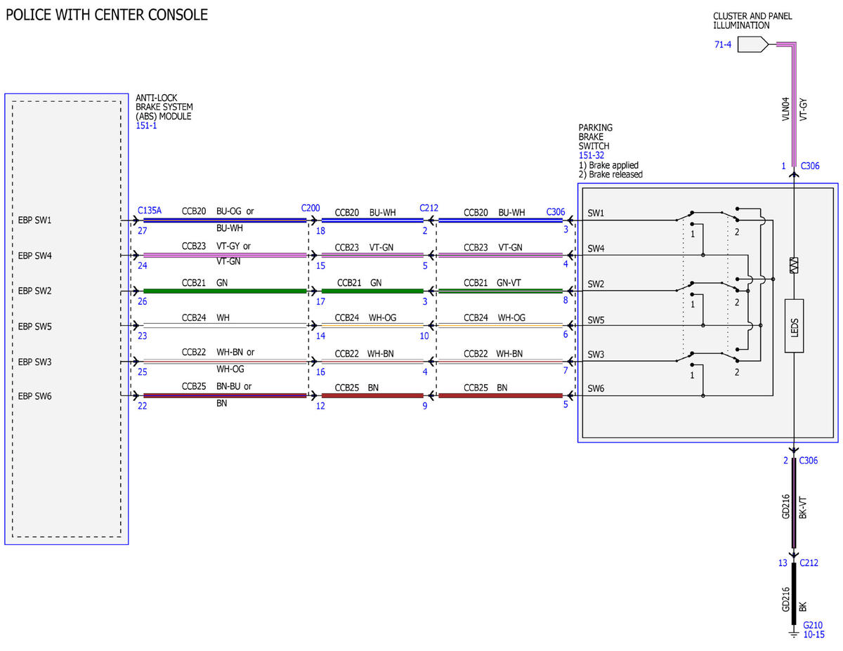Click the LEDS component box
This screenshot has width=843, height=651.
tap(794, 326)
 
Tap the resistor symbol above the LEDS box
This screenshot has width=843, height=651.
tap(794, 265)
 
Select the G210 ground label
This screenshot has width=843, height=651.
tap(812, 625)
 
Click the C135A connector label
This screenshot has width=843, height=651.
tap(150, 210)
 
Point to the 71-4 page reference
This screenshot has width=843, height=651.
tap(723, 44)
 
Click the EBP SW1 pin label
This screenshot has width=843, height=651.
tap(34, 220)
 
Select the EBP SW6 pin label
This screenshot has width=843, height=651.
tap(34, 396)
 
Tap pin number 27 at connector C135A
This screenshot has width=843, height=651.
tap(143, 231)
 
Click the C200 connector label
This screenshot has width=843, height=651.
tap(311, 208)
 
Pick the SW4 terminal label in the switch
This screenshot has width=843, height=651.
tap(596, 248)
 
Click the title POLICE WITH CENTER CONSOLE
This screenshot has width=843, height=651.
tap(107, 15)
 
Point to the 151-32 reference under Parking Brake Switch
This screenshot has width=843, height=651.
tap(592, 155)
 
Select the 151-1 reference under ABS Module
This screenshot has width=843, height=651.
tap(146, 126)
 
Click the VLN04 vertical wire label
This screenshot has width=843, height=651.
tap(785, 109)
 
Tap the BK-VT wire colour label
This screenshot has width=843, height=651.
tap(803, 507)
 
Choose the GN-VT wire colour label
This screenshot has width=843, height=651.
tap(509, 282)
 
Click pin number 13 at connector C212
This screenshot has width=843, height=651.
tap(783, 563)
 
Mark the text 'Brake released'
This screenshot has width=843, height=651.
tap(615, 174)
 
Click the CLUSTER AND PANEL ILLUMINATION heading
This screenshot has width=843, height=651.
tap(752, 20)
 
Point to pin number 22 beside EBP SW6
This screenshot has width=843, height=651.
tap(143, 406)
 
